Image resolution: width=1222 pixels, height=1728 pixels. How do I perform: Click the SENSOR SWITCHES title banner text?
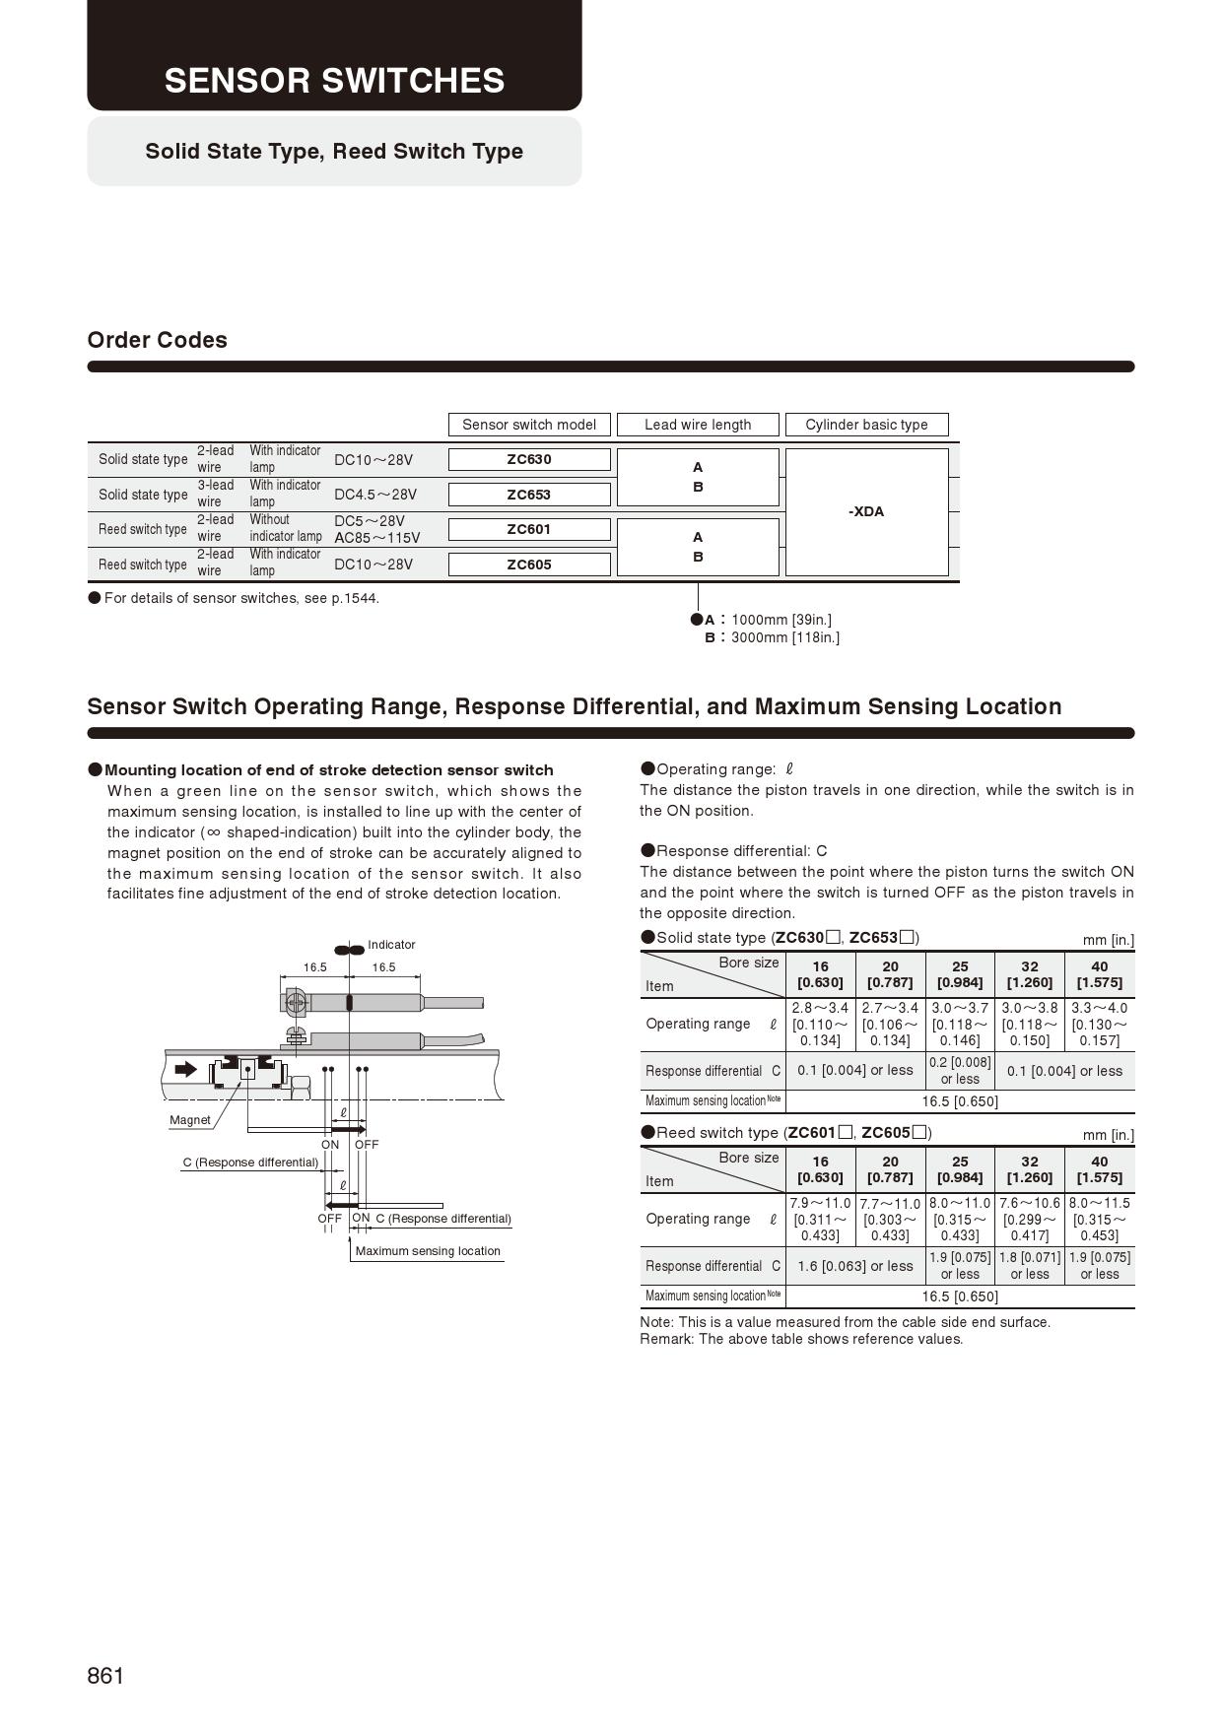pos(334,81)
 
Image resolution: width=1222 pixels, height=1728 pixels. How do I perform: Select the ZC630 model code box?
pos(529,459)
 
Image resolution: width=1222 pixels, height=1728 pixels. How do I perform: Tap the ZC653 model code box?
pos(529,495)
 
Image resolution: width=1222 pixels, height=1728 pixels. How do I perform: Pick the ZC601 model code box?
pos(529,529)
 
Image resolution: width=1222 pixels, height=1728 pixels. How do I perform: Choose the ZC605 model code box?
pos(529,565)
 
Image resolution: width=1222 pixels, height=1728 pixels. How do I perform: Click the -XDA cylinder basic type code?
pos(866,511)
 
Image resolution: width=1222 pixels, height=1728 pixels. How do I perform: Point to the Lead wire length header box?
pos(698,425)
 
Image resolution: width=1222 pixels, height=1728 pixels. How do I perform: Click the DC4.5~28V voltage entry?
pos(375,495)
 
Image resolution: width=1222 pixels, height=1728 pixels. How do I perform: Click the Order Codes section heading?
pos(157,340)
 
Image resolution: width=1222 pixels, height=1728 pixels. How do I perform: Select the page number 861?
pos(105,1676)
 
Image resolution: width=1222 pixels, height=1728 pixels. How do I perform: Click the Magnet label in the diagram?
pos(190,1120)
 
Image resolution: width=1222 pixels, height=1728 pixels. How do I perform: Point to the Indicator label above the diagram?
pos(391,945)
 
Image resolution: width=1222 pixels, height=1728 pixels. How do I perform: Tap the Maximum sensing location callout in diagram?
pos(428,1251)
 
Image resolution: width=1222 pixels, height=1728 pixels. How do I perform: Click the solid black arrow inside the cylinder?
pos(185,1070)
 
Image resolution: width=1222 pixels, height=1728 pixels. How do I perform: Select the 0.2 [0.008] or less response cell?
pos(960,1071)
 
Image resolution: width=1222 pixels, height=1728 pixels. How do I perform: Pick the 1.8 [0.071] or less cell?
pos(1030,1266)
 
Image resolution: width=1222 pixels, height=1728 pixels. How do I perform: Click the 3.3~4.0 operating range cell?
pos(1099,1024)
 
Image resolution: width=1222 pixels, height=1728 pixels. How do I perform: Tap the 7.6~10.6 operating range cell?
pos(1030,1219)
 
